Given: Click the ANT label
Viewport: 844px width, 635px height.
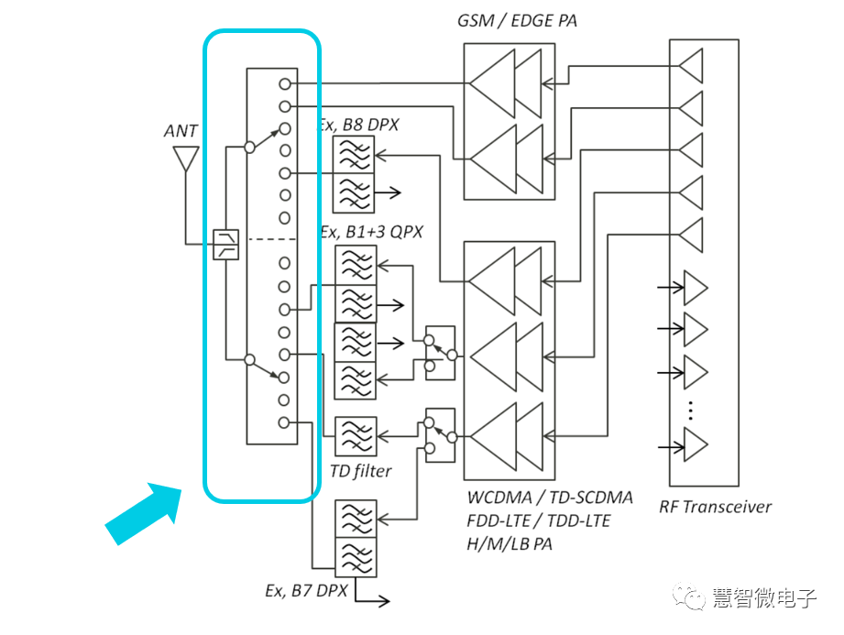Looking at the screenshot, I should [181, 131].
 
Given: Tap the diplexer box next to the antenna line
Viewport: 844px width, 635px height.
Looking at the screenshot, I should [225, 245].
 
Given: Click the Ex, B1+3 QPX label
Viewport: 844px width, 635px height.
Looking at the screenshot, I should [370, 232].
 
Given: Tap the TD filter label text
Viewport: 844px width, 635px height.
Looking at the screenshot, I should [360, 471].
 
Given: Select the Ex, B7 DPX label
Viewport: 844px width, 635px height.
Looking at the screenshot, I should [306, 590].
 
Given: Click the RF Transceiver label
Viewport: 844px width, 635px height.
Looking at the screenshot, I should [715, 507].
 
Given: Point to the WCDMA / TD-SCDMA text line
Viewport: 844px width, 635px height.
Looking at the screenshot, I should [550, 498].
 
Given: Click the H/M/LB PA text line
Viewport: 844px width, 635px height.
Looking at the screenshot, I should [510, 543].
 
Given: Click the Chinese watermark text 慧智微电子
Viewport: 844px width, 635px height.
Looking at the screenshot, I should [764, 598].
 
